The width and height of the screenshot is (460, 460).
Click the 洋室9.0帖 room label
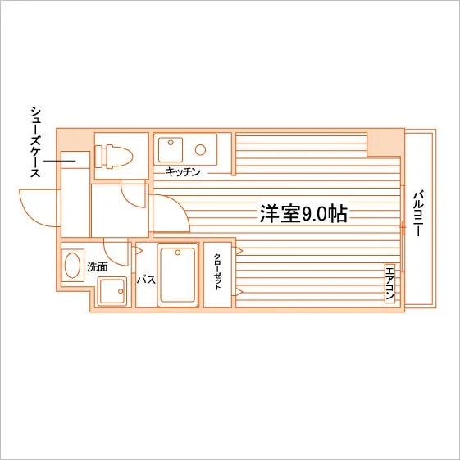303,213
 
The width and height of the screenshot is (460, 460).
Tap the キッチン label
183,171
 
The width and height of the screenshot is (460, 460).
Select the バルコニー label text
417,213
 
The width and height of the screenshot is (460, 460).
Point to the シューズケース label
35,143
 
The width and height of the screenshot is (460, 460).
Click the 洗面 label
98,266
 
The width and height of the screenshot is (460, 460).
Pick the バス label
146,280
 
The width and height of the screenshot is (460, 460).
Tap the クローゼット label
217,271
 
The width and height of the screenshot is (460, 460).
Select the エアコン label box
389,283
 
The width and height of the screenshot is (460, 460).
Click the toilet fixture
114,156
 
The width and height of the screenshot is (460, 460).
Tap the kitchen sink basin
171,149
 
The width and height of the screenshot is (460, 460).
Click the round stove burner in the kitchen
200,150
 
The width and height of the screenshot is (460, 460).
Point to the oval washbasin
72,265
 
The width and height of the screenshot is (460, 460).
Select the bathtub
177,275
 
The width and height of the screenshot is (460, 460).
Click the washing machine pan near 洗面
112,291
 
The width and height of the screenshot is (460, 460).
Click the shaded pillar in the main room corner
385,143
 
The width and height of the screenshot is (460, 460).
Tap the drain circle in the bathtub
177,253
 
